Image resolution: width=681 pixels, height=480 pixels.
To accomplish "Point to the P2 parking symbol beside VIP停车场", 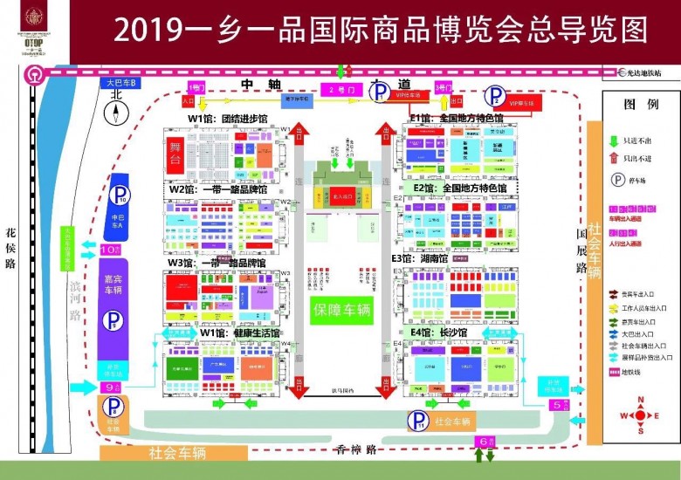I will tap(495, 97).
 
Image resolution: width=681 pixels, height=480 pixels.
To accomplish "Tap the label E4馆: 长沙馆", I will tap(440, 333).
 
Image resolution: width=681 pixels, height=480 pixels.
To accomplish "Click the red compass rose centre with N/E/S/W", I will tap(641, 415).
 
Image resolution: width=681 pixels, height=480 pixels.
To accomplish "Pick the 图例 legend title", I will tap(640, 105).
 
